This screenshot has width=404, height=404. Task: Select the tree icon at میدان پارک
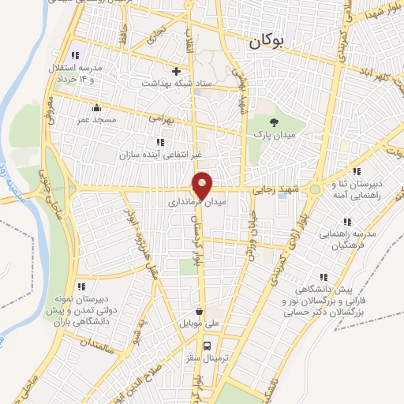[x=274, y=122]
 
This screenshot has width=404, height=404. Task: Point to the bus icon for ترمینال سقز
[x=208, y=345]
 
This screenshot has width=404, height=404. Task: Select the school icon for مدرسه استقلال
[x=76, y=55]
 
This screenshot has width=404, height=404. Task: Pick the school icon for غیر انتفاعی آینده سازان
[x=160, y=142]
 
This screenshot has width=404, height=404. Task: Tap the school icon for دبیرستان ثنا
[x=357, y=170]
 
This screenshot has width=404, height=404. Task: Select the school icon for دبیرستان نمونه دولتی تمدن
[x=80, y=286]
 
